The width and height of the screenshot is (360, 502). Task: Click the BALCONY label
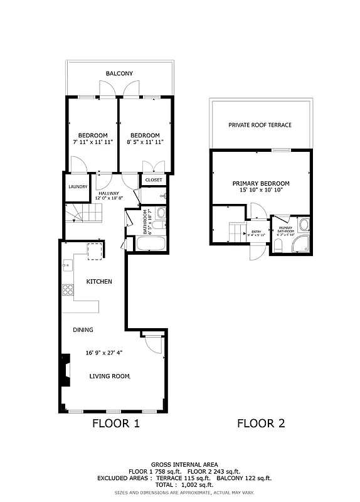click(x=119, y=74)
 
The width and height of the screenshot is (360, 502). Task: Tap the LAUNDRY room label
click(x=78, y=186)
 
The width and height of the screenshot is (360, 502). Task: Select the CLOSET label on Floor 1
click(x=154, y=180)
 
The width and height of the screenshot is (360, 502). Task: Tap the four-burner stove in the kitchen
click(x=66, y=290)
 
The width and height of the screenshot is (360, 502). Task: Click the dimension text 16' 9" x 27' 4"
click(x=103, y=353)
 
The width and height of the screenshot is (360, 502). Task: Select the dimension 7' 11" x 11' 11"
click(x=93, y=142)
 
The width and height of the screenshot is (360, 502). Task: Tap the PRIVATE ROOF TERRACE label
click(x=260, y=125)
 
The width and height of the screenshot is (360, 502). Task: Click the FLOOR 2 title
click(x=261, y=423)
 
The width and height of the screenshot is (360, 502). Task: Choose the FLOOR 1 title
click(x=116, y=423)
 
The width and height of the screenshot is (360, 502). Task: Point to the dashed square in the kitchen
click(x=94, y=250)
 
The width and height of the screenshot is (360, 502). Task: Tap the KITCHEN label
click(x=99, y=282)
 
